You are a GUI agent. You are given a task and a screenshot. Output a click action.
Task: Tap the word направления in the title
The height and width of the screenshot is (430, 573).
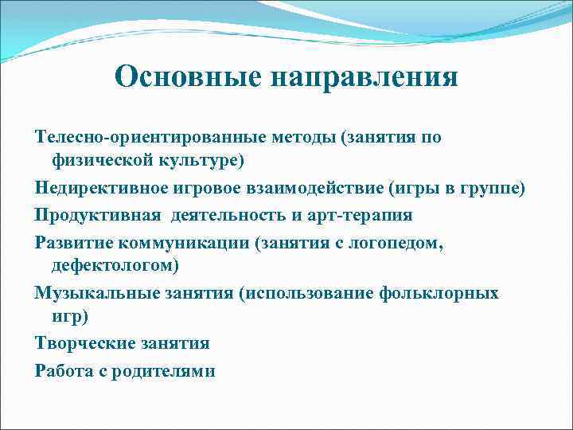(364, 77)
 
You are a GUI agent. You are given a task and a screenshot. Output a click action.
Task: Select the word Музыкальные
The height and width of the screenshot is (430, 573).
(94, 292)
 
